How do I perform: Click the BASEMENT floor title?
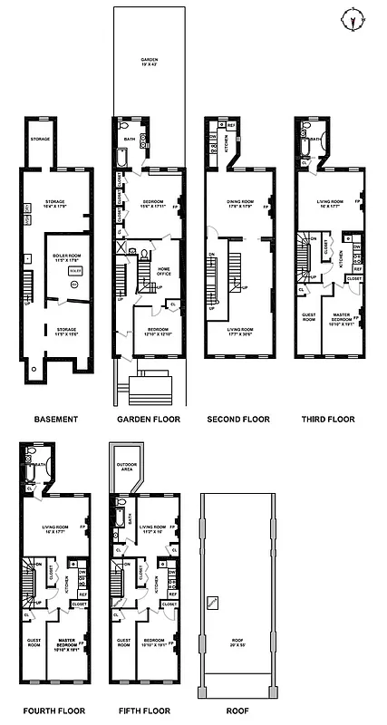coord(56,420)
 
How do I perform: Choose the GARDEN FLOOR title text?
coord(149,420)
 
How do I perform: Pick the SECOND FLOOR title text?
coord(238,420)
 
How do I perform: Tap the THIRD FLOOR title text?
coord(329,420)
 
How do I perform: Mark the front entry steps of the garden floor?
coord(149,387)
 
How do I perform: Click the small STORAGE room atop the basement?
coord(39,139)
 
